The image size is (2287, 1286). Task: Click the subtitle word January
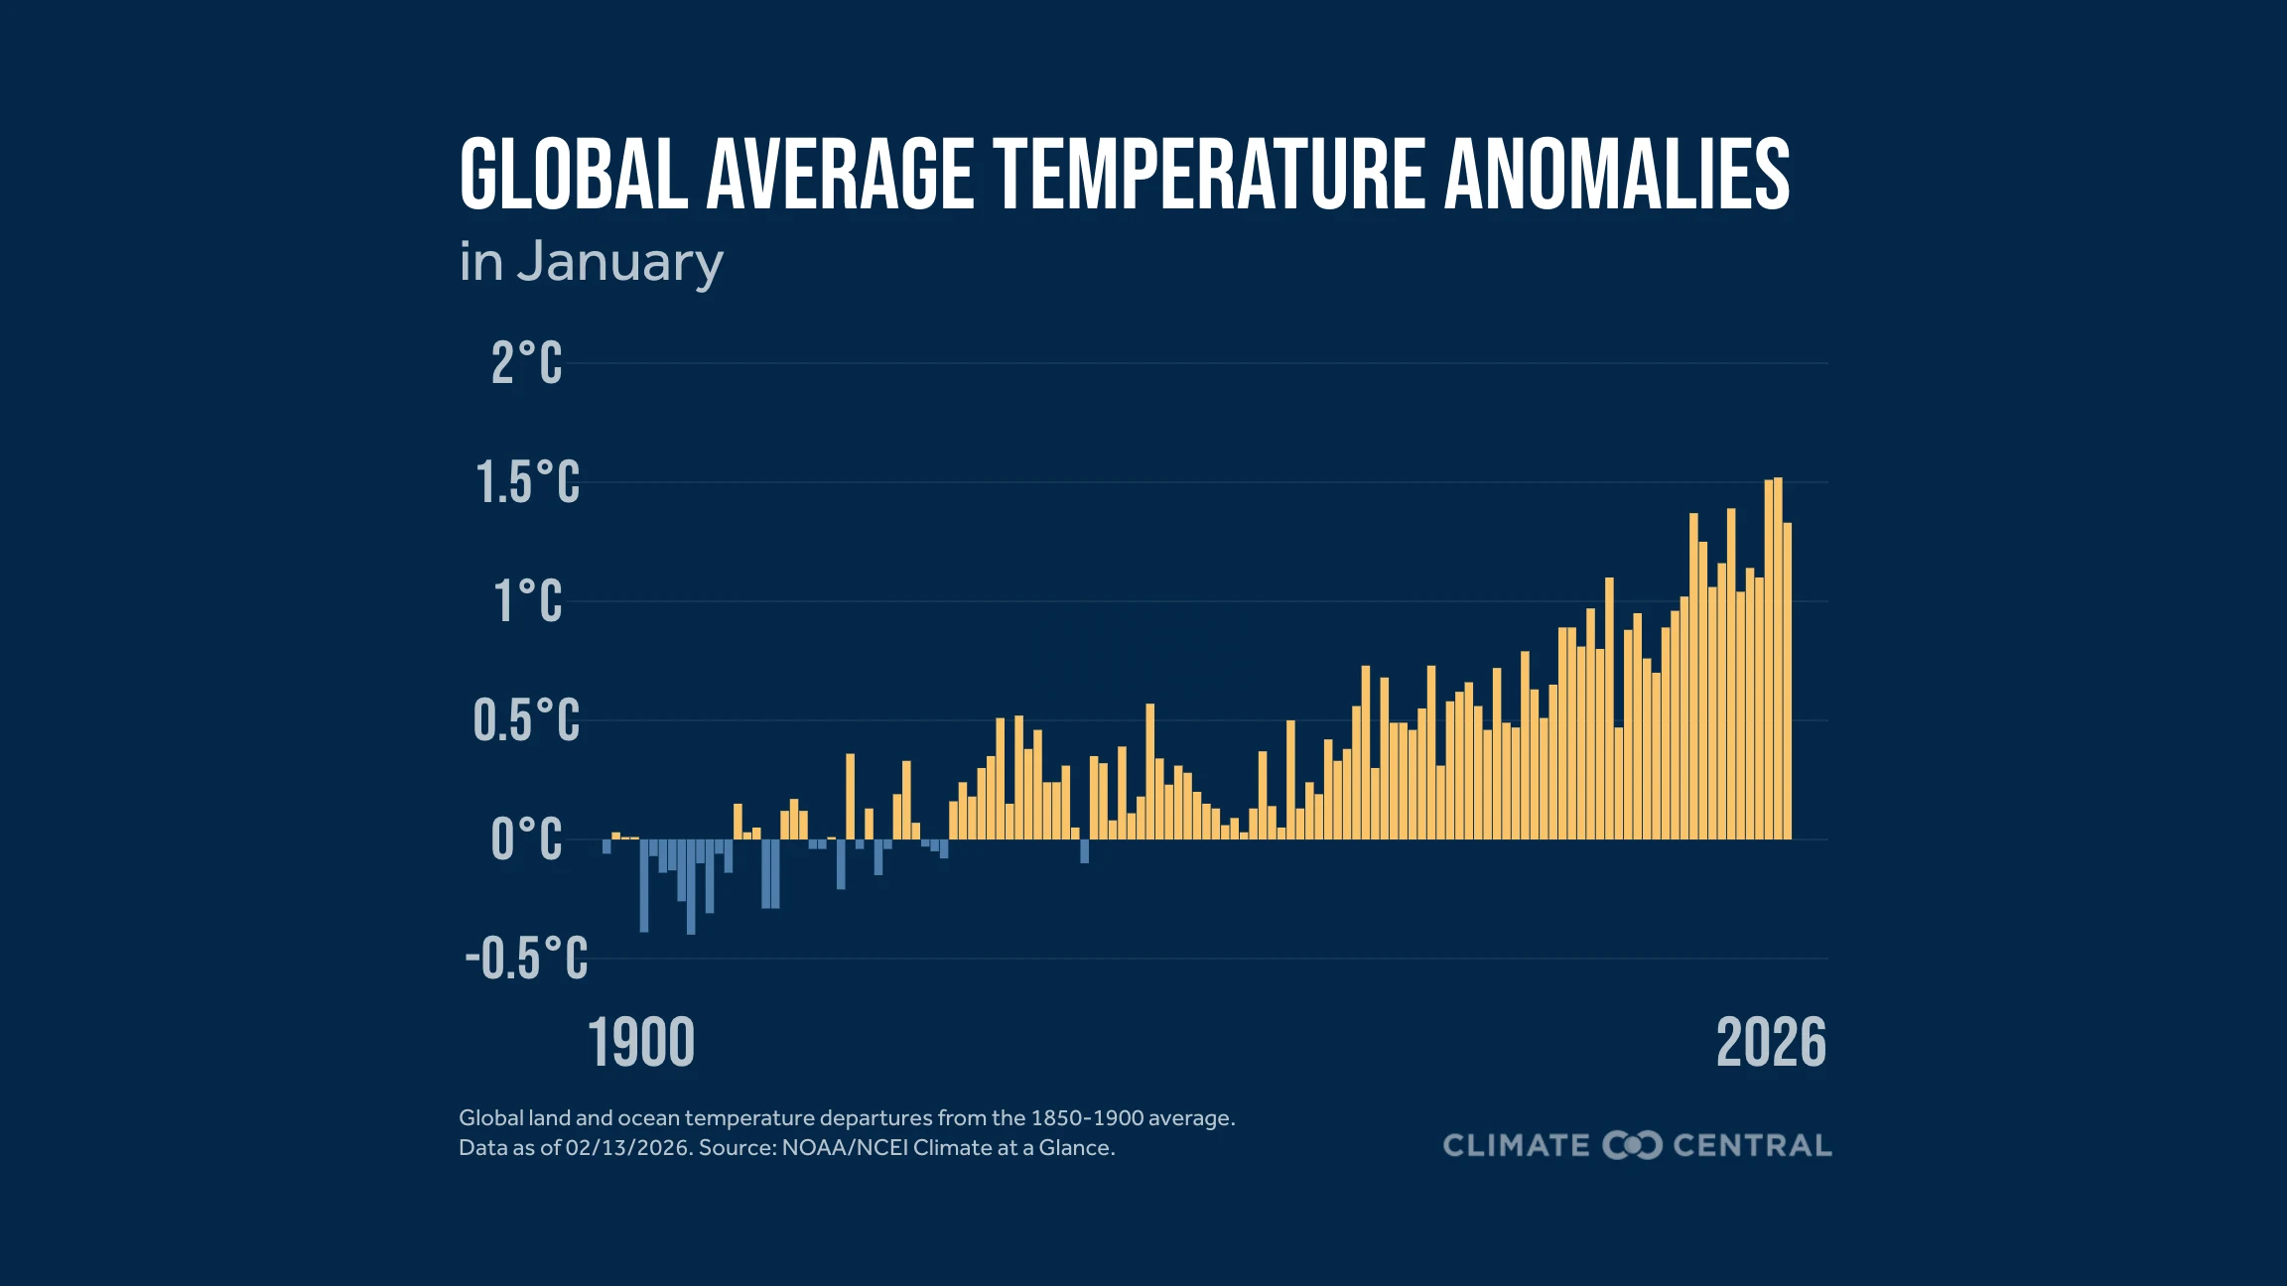point(619,264)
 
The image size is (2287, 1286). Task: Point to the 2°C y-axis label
point(526,363)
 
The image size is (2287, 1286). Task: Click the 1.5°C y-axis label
point(527,483)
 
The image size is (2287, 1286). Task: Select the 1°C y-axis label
point(528,602)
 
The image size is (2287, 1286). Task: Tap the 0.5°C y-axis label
point(526,721)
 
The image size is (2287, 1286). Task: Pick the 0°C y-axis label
point(526,840)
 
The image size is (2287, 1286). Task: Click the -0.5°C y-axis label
point(526,960)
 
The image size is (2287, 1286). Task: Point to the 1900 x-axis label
point(641,1044)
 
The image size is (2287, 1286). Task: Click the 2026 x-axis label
point(1771,1044)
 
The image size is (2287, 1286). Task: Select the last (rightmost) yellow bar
point(1787,685)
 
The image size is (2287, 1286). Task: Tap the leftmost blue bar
point(606,846)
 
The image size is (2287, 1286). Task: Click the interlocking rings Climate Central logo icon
point(1632,1145)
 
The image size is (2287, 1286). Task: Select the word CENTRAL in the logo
point(1752,1145)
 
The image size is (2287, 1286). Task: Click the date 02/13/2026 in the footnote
point(627,1148)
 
